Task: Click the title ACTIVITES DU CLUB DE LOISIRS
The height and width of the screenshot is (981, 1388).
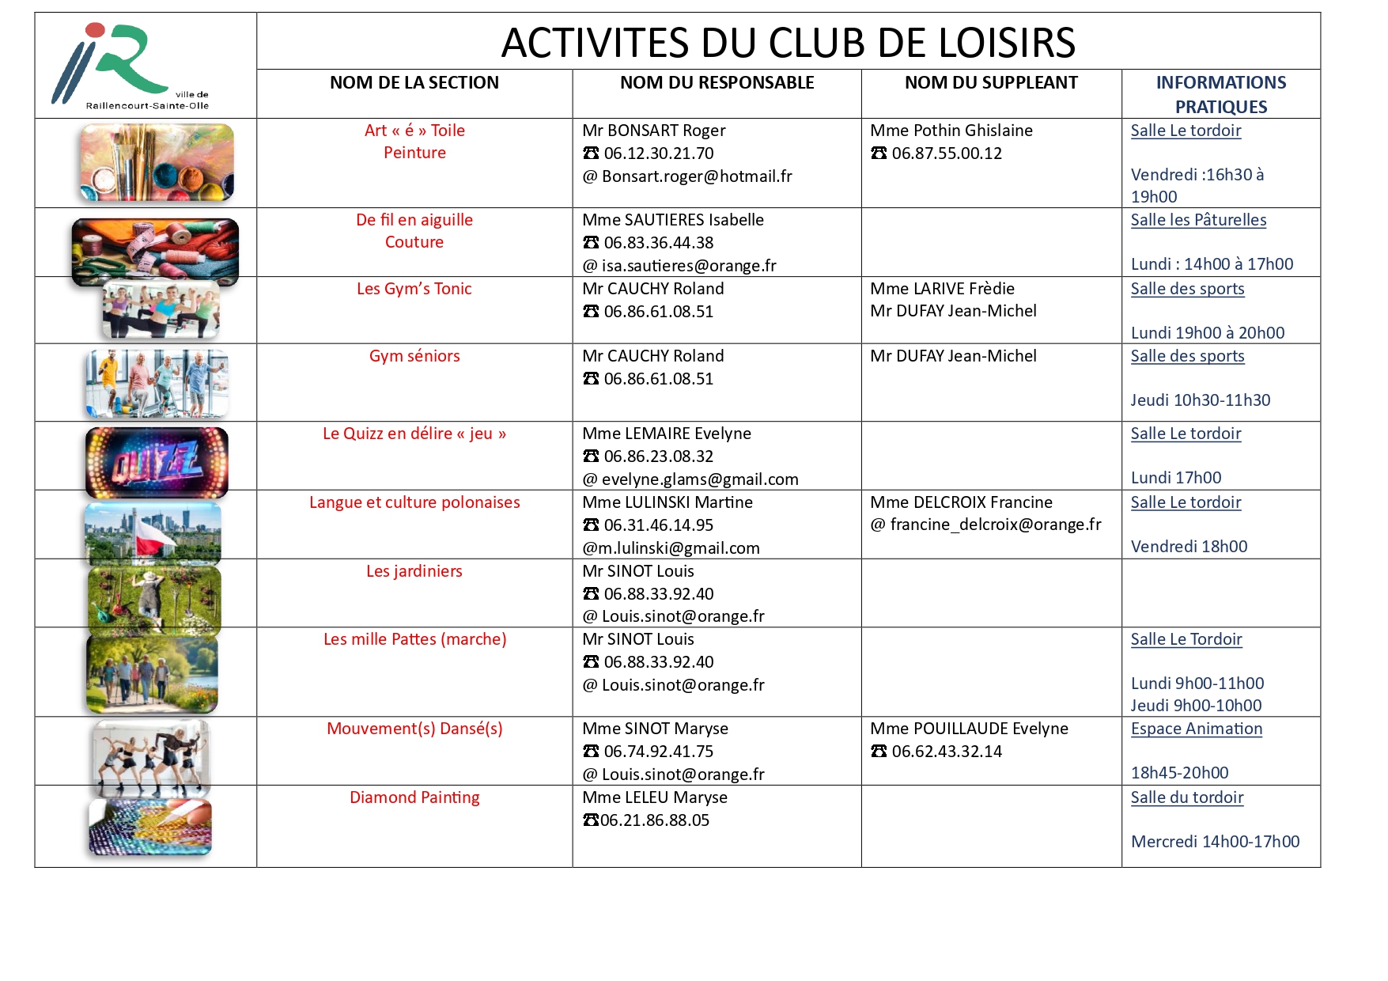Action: (x=788, y=43)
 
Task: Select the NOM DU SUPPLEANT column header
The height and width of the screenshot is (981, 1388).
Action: (x=990, y=83)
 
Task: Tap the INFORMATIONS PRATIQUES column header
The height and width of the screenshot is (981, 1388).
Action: (x=1220, y=94)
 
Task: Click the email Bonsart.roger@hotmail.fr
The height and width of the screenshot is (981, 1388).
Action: (x=696, y=176)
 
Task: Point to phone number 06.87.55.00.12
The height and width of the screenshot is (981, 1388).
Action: (x=946, y=153)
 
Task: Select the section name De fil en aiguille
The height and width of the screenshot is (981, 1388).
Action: (x=414, y=220)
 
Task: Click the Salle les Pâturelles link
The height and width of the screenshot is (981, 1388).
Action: (x=1197, y=220)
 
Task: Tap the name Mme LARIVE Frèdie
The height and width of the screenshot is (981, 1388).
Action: (x=942, y=289)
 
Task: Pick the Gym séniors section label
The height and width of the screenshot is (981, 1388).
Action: (x=414, y=356)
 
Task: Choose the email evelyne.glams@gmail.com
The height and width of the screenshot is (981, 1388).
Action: (x=699, y=479)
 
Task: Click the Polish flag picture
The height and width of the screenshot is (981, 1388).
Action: (x=153, y=533)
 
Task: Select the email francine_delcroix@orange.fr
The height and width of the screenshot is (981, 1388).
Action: (x=995, y=525)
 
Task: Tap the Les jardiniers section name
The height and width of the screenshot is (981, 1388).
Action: (x=414, y=571)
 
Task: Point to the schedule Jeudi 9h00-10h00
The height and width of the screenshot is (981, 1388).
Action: (x=1196, y=706)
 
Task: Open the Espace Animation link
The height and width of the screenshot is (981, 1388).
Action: (x=1196, y=729)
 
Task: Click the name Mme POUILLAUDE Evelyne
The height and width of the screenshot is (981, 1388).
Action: (x=969, y=729)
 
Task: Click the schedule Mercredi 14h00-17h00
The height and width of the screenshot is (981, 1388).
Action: (x=1215, y=842)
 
